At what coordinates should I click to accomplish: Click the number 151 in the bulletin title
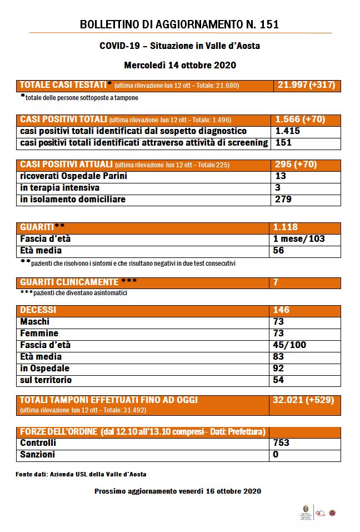(268, 24)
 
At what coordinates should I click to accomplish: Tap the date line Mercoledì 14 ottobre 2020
(179, 65)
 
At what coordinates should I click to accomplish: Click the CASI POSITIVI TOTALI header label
(63, 120)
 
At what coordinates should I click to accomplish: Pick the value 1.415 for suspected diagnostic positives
(287, 131)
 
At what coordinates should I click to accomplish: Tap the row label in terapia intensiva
(59, 188)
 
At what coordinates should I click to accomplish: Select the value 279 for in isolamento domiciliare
(283, 200)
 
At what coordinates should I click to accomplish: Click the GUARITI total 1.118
(286, 227)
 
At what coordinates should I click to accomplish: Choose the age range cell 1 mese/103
(299, 239)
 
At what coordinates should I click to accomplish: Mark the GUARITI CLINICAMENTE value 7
(276, 282)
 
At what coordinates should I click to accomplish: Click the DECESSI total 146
(282, 310)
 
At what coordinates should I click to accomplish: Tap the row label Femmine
(39, 334)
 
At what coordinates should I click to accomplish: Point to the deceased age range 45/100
(289, 345)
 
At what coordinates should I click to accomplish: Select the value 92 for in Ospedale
(279, 368)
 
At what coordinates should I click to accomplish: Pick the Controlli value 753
(282, 443)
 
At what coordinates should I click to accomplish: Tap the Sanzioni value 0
(276, 455)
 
